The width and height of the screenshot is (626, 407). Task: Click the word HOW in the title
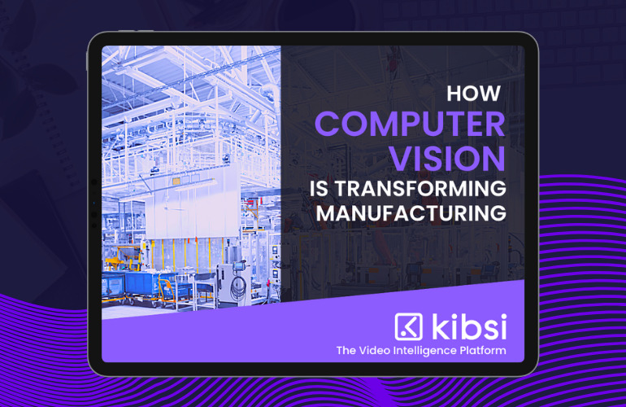point(473,93)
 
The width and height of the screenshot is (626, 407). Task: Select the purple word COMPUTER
point(410,124)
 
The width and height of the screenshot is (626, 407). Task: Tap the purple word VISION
point(447,159)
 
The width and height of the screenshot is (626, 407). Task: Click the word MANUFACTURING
point(411,212)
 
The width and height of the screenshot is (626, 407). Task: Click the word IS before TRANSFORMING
point(319,188)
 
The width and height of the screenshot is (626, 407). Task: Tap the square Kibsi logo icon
point(408,326)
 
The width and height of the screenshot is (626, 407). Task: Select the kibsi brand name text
point(469,326)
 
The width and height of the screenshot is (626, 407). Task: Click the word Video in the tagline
point(374,351)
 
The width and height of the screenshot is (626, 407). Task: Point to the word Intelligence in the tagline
point(424,351)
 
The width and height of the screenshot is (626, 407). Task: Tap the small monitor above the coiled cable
point(240,265)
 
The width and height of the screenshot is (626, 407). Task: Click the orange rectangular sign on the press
point(176,182)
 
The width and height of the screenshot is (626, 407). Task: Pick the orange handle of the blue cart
point(167,289)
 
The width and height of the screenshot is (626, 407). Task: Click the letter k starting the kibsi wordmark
point(439,326)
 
